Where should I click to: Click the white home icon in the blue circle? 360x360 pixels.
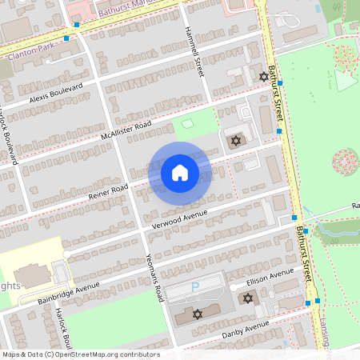179,172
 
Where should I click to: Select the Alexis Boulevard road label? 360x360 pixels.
55,94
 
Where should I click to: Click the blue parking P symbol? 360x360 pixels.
194,287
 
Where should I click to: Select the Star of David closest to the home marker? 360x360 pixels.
235,141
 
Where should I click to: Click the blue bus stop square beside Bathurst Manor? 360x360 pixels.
77,26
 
